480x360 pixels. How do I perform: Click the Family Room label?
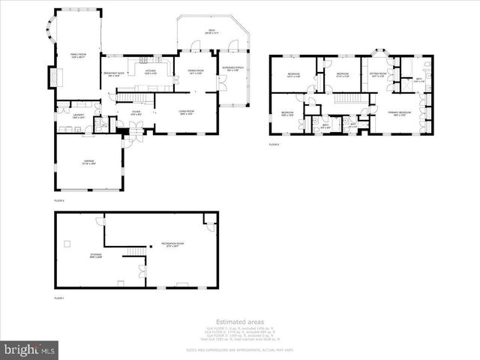77,55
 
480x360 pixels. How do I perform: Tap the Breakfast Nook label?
114,73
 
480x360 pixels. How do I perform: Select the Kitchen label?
150,72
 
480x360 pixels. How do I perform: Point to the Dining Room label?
196,73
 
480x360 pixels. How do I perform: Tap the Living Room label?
186,113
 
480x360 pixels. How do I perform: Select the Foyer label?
136,113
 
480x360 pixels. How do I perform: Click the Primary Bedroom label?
397,114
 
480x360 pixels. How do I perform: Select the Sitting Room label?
377,74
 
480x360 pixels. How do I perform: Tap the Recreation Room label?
172,244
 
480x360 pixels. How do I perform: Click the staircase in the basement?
135,251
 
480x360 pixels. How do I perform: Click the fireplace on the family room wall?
52,77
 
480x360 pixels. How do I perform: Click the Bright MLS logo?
30,349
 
